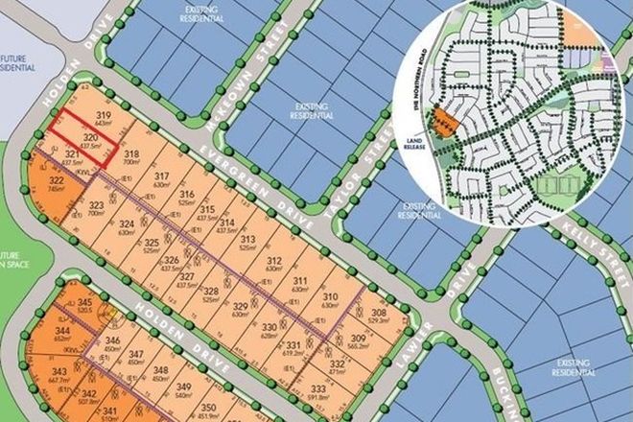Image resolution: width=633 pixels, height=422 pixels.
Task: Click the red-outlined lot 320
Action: (89, 141)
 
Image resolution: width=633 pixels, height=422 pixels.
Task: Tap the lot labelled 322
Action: (57, 184)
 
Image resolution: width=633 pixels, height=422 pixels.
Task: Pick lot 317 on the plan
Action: (161, 178)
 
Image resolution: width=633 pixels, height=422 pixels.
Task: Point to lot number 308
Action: (378, 315)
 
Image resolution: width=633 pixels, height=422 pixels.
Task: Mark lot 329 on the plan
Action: (240, 308)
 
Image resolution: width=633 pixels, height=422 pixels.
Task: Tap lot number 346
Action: (113, 342)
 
